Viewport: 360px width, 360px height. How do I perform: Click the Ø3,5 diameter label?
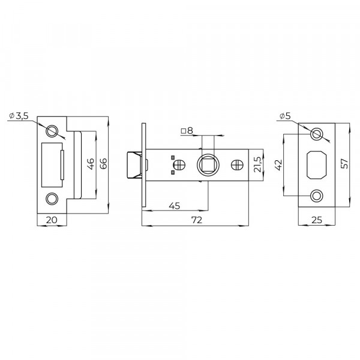click(19, 116)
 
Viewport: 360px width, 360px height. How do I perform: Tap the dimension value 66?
click(104, 163)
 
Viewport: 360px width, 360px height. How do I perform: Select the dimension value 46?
click(91, 164)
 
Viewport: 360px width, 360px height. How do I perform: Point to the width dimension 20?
click(52, 220)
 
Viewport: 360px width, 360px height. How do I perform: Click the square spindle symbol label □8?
click(187, 131)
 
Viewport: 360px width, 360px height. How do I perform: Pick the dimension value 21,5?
click(257, 164)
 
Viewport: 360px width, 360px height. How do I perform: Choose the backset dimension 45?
click(175, 206)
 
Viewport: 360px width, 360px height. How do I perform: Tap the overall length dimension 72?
click(197, 220)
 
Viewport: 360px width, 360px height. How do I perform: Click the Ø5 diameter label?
click(285, 116)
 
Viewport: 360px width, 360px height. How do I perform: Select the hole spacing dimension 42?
click(279, 165)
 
